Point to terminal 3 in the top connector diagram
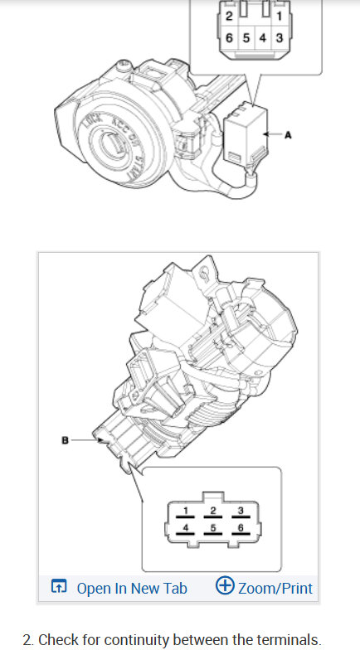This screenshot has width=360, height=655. coord(279,39)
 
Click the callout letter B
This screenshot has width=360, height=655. coord(64,440)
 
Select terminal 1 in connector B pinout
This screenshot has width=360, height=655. coord(187,509)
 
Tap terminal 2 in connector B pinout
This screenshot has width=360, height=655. coord(213,509)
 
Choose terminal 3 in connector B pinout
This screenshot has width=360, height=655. coord(240,509)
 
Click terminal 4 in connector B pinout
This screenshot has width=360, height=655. coord(187,527)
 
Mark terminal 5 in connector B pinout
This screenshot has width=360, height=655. coord(213,527)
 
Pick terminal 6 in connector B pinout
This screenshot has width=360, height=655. coord(240,527)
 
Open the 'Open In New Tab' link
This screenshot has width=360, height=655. coord(131,589)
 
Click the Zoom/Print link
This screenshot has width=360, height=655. coord(275,589)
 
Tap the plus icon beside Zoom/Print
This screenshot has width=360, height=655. coord(224,586)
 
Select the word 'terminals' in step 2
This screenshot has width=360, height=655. coord(287,639)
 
